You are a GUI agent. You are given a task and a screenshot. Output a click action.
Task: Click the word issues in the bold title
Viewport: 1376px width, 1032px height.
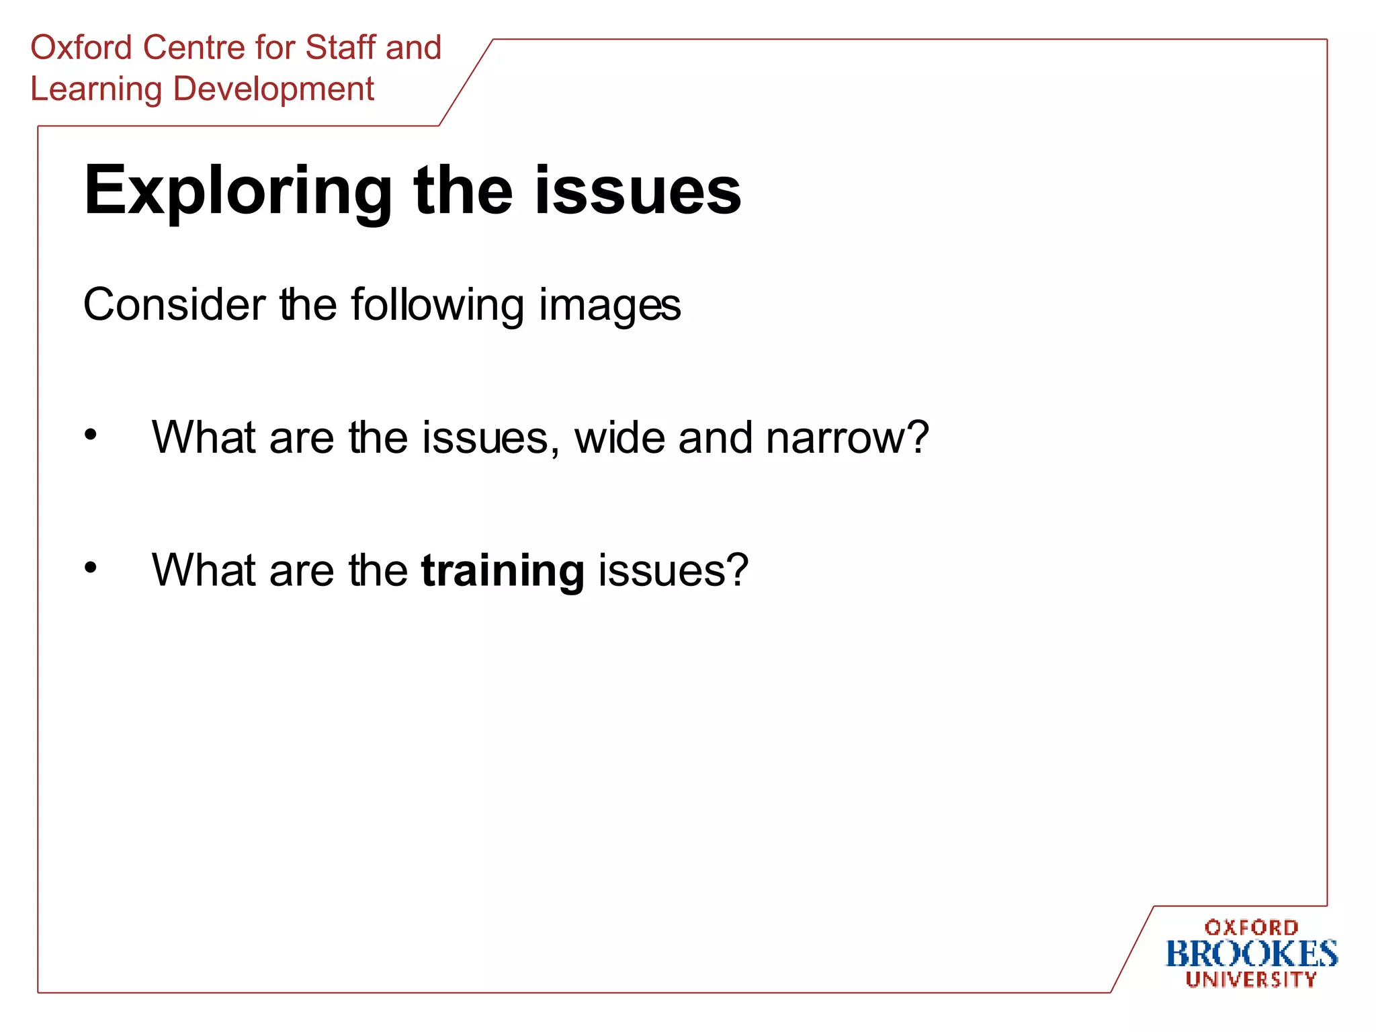click(x=638, y=191)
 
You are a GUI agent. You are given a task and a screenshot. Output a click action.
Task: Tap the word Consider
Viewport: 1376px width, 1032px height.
click(x=174, y=305)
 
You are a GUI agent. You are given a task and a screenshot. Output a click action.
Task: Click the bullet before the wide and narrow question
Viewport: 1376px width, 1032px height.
click(x=91, y=435)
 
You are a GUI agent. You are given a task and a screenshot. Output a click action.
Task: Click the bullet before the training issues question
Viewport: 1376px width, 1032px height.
click(x=91, y=568)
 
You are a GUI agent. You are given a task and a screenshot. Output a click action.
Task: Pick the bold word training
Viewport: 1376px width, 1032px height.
click(x=503, y=571)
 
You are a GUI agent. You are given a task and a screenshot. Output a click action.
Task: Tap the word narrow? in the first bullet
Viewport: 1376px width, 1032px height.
click(x=847, y=438)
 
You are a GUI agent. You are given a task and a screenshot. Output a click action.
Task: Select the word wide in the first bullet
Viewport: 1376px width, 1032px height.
click(x=619, y=438)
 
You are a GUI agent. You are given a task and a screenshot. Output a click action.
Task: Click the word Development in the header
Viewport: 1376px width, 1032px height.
click(x=273, y=90)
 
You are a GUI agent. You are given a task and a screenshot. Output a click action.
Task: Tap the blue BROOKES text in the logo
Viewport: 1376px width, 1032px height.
click(x=1251, y=954)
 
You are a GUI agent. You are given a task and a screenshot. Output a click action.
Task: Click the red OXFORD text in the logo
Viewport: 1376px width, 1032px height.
click(x=1251, y=928)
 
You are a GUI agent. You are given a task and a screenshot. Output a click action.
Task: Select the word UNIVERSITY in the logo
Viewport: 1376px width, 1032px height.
click(x=1251, y=980)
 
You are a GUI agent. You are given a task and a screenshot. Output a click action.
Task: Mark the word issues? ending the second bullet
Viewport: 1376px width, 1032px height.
click(x=673, y=571)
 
